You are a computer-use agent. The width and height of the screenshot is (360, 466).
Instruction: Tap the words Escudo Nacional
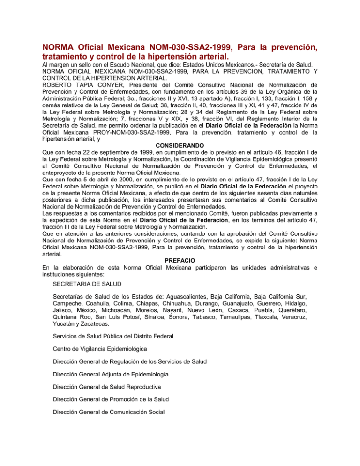(x=135, y=64)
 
